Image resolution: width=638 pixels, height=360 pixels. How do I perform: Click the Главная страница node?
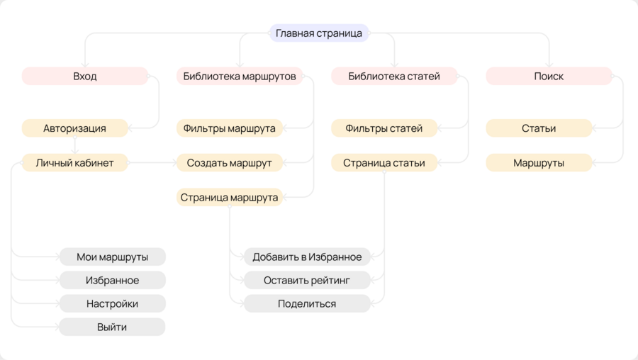coord(319,33)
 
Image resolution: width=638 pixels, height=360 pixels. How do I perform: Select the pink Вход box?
coord(84,76)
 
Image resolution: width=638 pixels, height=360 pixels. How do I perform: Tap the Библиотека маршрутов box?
coord(240,76)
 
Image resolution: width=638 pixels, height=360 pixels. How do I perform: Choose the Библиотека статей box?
coord(394,76)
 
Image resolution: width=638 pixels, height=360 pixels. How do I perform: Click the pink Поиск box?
coord(549,76)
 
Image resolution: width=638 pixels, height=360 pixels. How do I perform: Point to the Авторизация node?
coord(74,128)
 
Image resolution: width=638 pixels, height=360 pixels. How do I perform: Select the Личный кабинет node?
coord(74,163)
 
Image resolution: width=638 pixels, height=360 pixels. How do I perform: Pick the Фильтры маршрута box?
coord(229,128)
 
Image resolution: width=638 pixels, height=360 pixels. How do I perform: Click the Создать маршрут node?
coord(229,163)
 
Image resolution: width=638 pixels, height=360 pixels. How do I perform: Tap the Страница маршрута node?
coord(229,197)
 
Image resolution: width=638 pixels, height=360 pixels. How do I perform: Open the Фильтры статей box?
coord(384,128)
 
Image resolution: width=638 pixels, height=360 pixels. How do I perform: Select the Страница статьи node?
coord(384,163)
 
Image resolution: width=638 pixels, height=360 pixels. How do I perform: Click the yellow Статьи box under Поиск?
coord(538,128)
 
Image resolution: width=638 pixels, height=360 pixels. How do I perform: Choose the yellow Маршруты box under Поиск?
coord(538,163)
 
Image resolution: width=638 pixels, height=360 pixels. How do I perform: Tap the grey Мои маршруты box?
coord(112,257)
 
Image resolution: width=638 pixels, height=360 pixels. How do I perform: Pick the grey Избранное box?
coord(112,280)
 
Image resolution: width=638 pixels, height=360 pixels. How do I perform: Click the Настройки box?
coord(112,303)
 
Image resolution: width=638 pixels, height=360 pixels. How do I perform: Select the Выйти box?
coord(112,327)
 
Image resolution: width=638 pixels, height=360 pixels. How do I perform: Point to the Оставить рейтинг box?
coord(307,280)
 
